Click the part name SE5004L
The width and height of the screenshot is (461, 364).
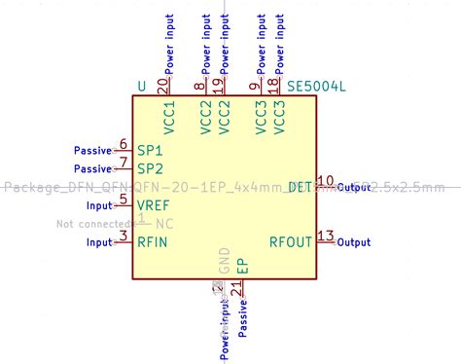(317, 87)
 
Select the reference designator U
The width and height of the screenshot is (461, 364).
(142, 87)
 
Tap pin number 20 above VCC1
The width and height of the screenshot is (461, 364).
(161, 86)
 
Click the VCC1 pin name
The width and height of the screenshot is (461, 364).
(169, 118)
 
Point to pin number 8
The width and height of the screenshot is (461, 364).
(200, 87)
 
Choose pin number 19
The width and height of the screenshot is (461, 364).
(217, 85)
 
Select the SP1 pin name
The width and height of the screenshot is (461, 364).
(150, 151)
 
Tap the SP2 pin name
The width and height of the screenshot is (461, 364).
(150, 168)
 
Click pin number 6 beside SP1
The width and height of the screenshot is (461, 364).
(123, 145)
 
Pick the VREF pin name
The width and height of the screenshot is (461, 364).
(154, 204)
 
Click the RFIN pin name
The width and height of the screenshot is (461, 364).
(155, 240)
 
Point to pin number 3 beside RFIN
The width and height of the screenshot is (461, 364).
(123, 236)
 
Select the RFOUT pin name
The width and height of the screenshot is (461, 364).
(291, 240)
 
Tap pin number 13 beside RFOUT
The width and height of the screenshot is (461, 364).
(326, 236)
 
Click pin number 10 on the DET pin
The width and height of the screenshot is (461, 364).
(326, 181)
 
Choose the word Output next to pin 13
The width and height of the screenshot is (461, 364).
(354, 241)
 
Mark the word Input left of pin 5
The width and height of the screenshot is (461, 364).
(99, 205)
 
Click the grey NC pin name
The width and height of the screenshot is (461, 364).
(165, 223)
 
